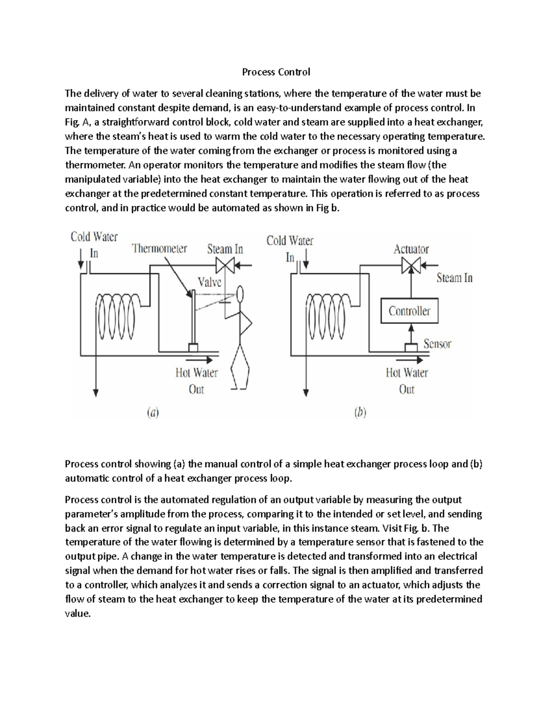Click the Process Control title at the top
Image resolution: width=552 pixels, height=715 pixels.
276,72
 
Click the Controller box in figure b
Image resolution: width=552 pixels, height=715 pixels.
409,311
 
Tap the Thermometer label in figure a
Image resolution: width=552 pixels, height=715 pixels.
160,249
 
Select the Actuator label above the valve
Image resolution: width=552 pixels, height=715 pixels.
411,250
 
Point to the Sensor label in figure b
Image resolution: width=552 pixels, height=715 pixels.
437,344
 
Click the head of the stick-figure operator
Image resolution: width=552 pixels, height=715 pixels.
240,293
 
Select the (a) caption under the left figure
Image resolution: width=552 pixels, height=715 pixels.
152,413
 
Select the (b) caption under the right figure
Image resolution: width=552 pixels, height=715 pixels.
360,413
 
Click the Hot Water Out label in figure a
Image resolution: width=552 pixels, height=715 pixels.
196,381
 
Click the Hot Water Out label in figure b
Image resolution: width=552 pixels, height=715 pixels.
407,381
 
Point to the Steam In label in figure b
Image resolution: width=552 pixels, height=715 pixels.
454,278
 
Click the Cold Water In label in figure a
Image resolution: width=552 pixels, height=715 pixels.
94,244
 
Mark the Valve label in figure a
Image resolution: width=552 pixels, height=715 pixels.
209,282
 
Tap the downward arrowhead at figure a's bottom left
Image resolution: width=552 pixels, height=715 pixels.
96,392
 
